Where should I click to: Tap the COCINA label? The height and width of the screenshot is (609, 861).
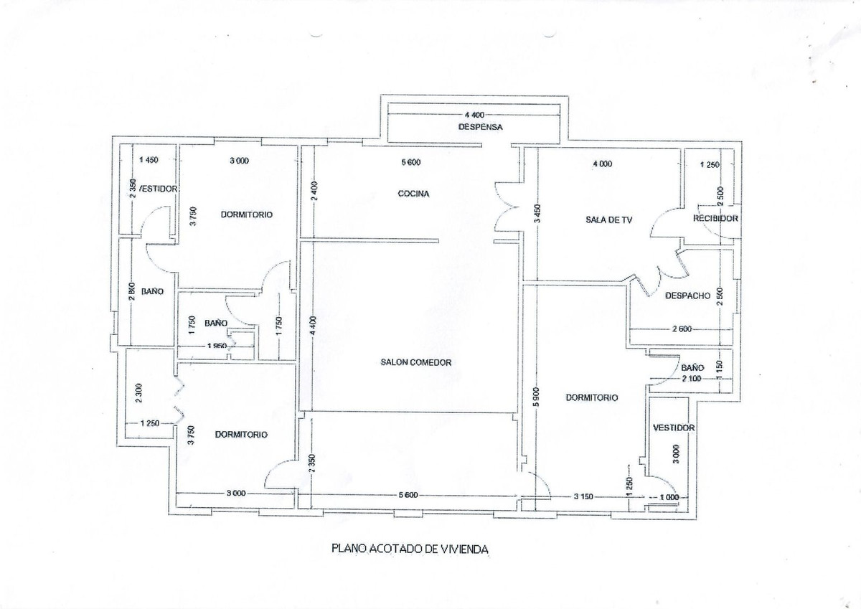(x=413, y=194)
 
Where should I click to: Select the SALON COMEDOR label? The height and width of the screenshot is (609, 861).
(x=416, y=362)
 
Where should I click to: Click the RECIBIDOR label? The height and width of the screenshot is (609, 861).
(x=715, y=219)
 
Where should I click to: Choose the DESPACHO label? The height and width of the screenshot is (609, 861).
(x=687, y=295)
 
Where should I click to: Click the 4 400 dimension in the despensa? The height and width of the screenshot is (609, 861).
(x=476, y=115)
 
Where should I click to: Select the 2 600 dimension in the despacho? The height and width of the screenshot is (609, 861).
(x=682, y=329)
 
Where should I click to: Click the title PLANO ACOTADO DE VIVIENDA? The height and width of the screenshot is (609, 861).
(x=410, y=549)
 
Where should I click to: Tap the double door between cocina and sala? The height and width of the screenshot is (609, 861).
(x=507, y=208)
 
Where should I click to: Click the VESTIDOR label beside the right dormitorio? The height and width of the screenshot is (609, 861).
(x=674, y=428)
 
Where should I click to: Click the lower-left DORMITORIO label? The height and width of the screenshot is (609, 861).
(x=241, y=434)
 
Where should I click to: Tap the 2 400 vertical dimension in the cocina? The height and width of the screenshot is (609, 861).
(x=315, y=192)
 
